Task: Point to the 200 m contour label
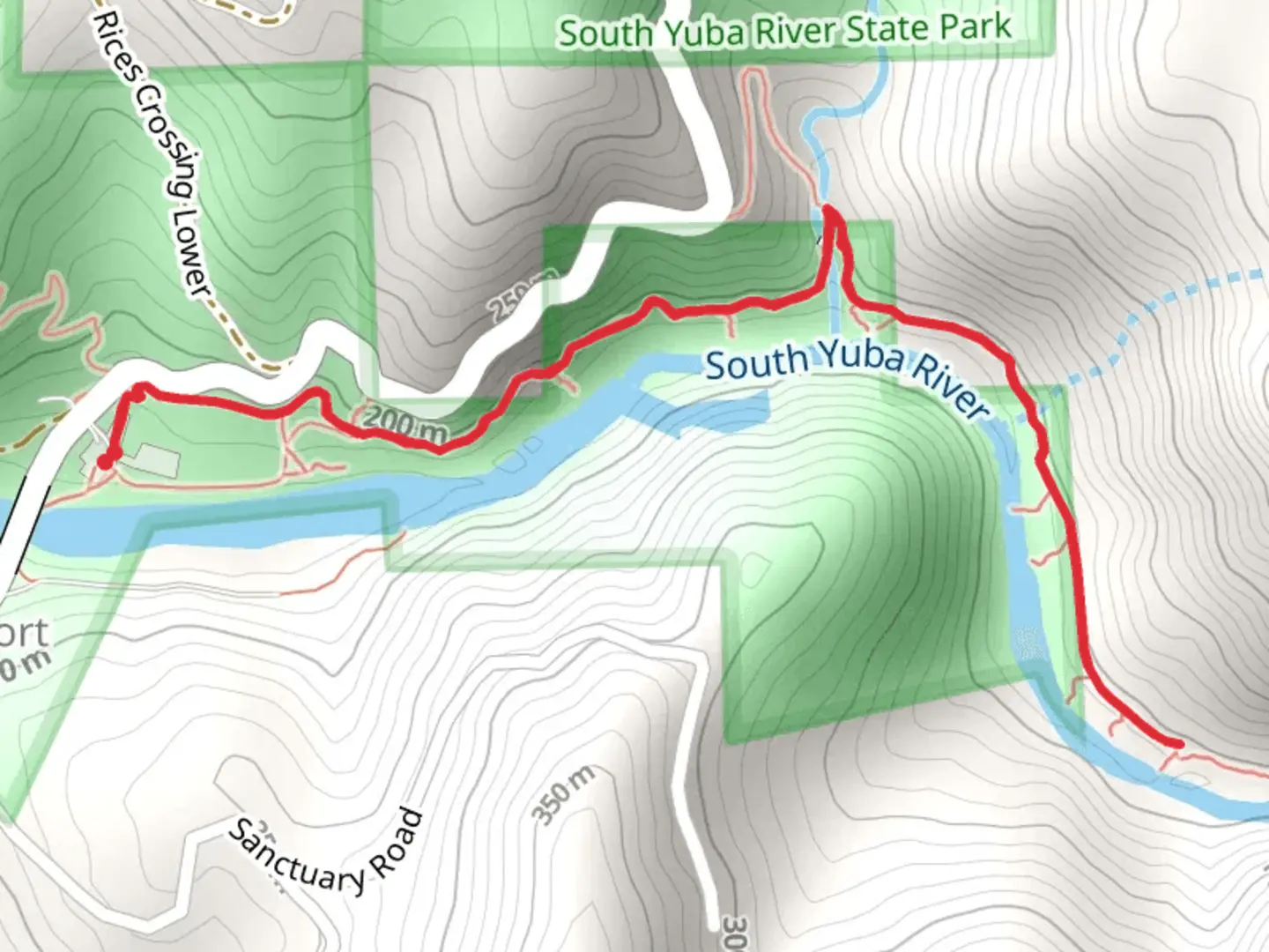click(x=404, y=425)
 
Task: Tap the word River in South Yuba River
click(x=951, y=387)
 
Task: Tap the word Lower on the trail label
click(x=192, y=256)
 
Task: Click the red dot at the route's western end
click(x=105, y=461)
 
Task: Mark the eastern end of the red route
click(x=1177, y=745)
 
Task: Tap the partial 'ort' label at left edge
click(x=24, y=633)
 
